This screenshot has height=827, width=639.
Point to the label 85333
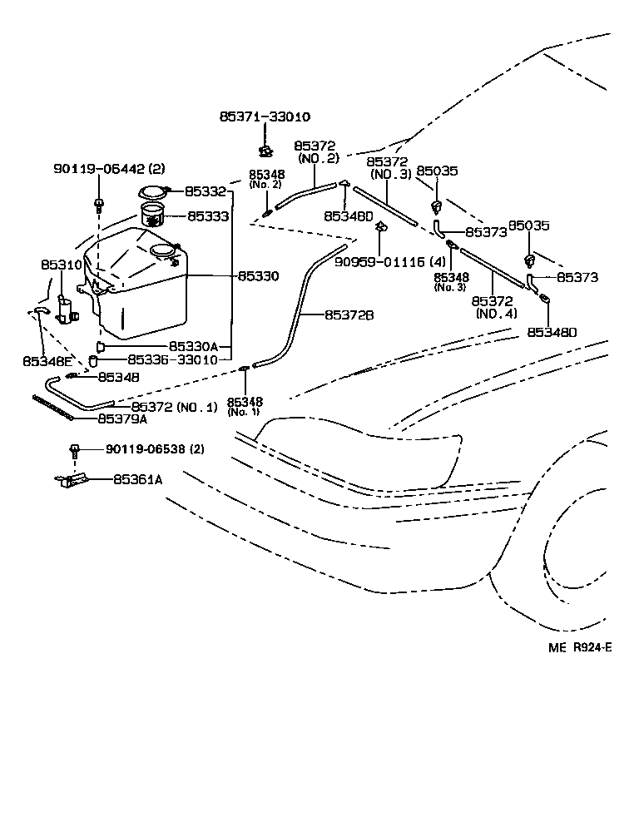pyautogui.click(x=208, y=215)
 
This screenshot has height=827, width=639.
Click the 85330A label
pyautogui.click(x=193, y=346)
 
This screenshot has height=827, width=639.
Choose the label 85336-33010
pyautogui.click(x=172, y=360)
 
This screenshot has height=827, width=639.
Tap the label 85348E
pyautogui.click(x=47, y=361)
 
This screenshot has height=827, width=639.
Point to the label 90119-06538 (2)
pyautogui.click(x=155, y=449)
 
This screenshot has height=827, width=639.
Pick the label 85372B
pyautogui.click(x=349, y=314)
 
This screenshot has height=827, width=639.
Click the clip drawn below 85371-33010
pyautogui.click(x=265, y=151)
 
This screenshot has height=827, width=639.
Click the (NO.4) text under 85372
pyautogui.click(x=497, y=314)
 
